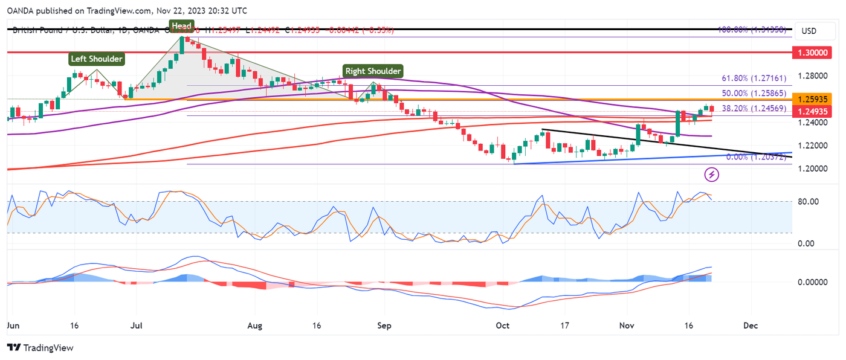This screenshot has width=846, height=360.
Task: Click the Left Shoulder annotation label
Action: (x=97, y=59)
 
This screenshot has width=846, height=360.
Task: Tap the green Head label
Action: (x=181, y=25)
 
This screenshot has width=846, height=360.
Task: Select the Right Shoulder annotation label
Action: (x=372, y=71)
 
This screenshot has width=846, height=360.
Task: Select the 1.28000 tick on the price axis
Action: (x=812, y=76)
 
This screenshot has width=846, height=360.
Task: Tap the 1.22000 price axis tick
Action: (x=812, y=146)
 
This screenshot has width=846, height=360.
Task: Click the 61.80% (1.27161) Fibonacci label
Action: (x=754, y=79)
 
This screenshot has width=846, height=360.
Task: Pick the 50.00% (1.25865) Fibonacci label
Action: (x=754, y=94)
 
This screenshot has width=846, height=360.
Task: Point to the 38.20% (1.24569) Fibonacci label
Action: (x=754, y=108)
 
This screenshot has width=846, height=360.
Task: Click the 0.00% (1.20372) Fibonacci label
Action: (x=755, y=157)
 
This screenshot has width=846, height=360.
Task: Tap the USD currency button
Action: (x=809, y=31)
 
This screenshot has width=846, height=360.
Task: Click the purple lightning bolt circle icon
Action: (x=712, y=175)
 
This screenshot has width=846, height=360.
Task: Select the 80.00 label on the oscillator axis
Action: (x=809, y=202)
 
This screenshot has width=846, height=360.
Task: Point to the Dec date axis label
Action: (x=751, y=325)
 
